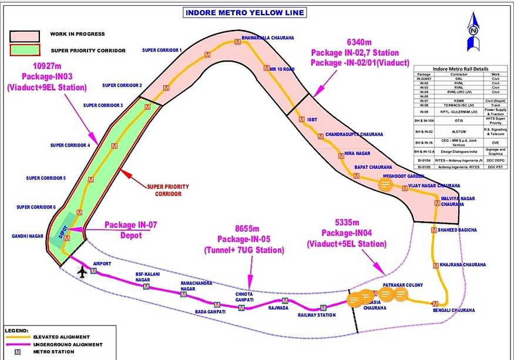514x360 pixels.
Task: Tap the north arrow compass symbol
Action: point(473,33)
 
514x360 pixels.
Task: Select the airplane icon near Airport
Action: point(82,272)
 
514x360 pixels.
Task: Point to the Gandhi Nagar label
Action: point(27,235)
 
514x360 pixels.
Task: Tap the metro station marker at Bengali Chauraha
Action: point(435,303)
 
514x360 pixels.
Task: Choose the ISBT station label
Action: point(311,119)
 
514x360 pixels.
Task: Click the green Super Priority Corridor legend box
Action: point(24,51)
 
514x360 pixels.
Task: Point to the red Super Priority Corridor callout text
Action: point(168,189)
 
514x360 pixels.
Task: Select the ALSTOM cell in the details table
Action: point(451,133)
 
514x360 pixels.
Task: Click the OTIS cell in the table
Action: point(451,120)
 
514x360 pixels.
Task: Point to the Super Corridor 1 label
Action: point(162,51)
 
